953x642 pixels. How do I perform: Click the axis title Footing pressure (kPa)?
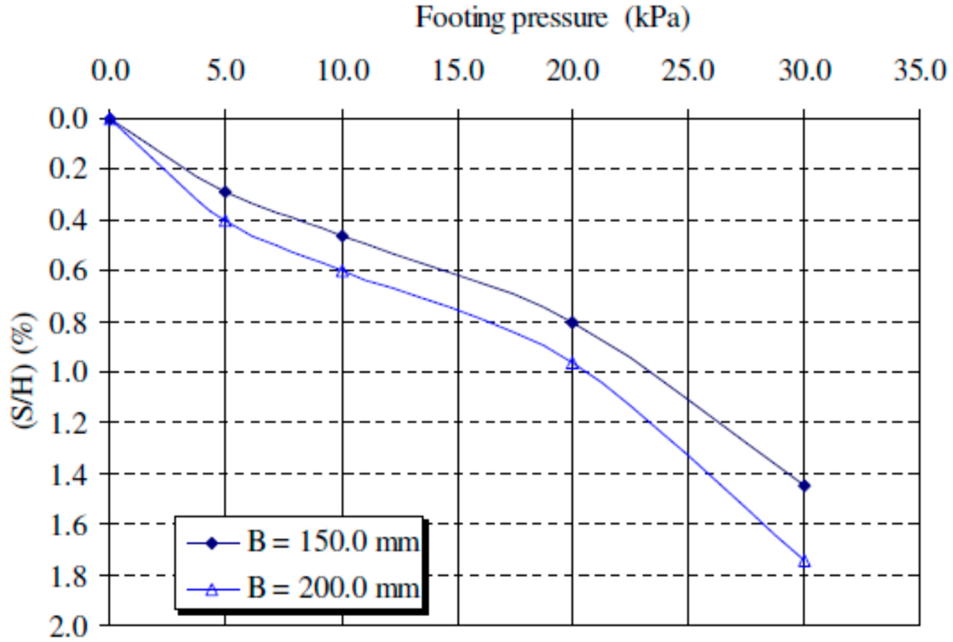(552, 19)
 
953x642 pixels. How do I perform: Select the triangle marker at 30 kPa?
(804, 561)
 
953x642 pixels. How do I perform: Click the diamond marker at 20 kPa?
(572, 323)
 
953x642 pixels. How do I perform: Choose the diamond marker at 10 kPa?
(343, 236)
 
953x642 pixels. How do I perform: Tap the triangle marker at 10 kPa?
(343, 272)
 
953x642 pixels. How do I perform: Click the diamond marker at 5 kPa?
(225, 192)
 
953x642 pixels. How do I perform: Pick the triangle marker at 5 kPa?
(225, 222)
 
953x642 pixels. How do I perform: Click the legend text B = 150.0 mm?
(333, 543)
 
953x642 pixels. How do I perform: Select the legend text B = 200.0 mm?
(333, 589)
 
